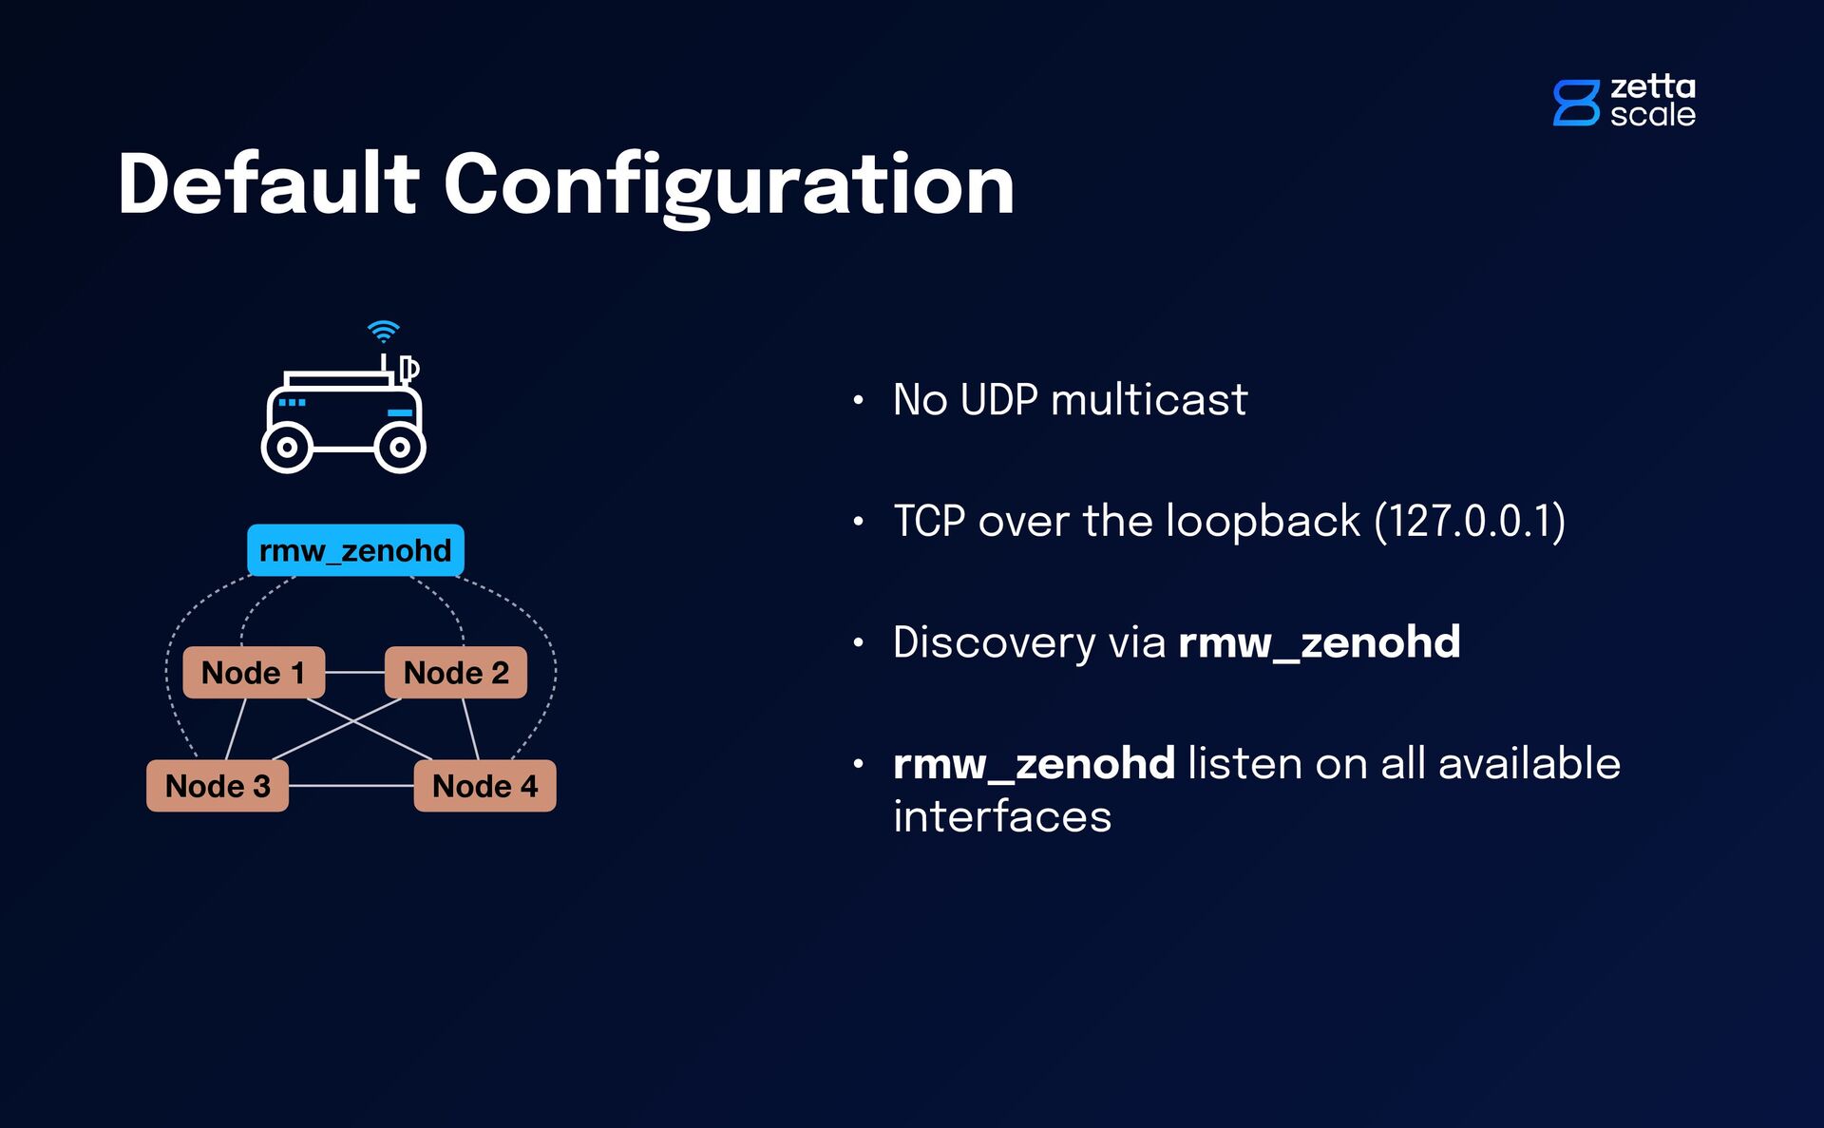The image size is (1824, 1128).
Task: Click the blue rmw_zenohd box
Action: tap(355, 550)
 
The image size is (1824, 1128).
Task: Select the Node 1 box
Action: tap(254, 673)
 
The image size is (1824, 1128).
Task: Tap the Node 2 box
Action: tap(456, 673)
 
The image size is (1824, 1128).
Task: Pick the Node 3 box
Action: tap(218, 786)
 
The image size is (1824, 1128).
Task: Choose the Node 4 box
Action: tap(484, 786)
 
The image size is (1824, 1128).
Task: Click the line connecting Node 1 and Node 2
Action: tap(354, 673)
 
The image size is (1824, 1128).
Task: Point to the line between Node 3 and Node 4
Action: tap(351, 786)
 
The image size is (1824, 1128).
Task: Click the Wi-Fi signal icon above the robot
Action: tap(383, 331)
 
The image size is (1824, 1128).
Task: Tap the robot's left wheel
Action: tap(286, 448)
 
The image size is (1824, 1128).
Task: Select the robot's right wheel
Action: tap(400, 448)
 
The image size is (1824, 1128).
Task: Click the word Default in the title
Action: tap(268, 184)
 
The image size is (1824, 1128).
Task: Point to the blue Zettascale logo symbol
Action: tap(1575, 103)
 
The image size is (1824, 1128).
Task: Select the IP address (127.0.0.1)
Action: tap(1470, 521)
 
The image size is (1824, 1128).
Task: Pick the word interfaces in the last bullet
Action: tap(1002, 816)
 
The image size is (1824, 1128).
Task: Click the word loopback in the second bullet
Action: tap(1263, 521)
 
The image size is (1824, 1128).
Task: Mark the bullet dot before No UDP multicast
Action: tap(858, 400)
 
